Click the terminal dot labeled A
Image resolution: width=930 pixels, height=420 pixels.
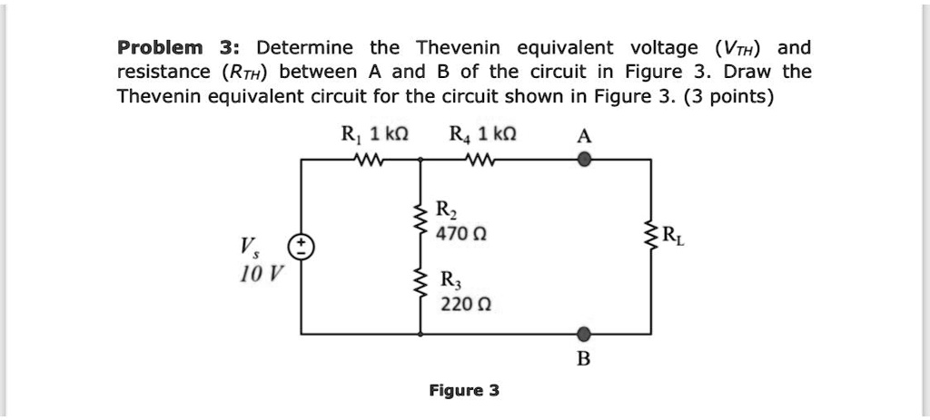pyautogui.click(x=585, y=160)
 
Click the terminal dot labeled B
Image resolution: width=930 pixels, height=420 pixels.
pyautogui.click(x=584, y=333)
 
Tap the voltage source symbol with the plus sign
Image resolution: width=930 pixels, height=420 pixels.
pyautogui.click(x=302, y=246)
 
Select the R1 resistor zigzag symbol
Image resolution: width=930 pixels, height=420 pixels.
pyautogui.click(x=371, y=160)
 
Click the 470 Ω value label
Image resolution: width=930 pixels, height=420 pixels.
pyautogui.click(x=452, y=234)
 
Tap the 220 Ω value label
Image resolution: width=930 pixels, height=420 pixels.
pyautogui.click(x=456, y=304)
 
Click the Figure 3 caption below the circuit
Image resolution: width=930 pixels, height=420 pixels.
pyautogui.click(x=464, y=391)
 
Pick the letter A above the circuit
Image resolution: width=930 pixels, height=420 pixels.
pyautogui.click(x=585, y=136)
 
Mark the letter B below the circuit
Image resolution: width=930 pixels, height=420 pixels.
pyautogui.click(x=584, y=358)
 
